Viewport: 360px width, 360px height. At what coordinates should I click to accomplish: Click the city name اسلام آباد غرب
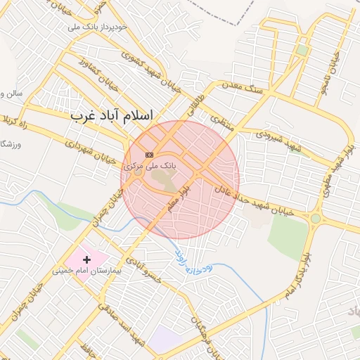coord(112,114)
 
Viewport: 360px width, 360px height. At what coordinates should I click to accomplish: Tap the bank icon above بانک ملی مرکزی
coord(149,155)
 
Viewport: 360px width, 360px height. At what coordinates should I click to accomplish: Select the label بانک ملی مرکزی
coord(149,166)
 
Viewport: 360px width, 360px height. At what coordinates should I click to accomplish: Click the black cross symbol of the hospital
coord(87,260)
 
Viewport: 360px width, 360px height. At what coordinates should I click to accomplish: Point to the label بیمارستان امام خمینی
coord(88,270)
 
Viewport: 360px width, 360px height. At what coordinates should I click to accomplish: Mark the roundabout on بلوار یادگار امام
coord(316,219)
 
